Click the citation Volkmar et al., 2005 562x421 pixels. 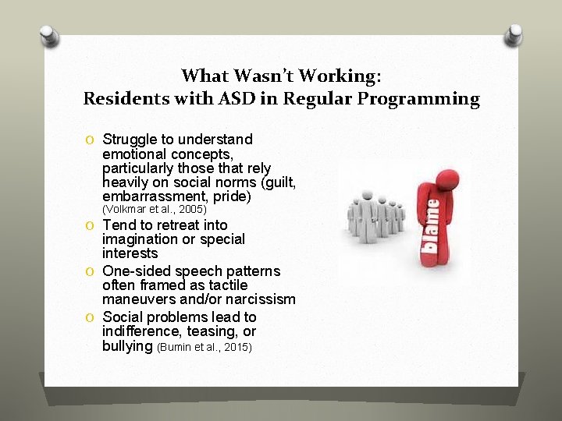[x=154, y=210]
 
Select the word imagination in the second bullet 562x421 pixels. [x=140, y=239]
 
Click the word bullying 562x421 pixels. [x=127, y=345]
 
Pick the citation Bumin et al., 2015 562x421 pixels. [x=205, y=346]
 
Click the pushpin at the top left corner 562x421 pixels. [x=48, y=35]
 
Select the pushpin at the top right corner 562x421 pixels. [x=514, y=35]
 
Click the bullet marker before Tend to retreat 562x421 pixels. [x=91, y=226]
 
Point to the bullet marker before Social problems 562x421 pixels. [x=91, y=318]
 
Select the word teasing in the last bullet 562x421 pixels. [x=215, y=331]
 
